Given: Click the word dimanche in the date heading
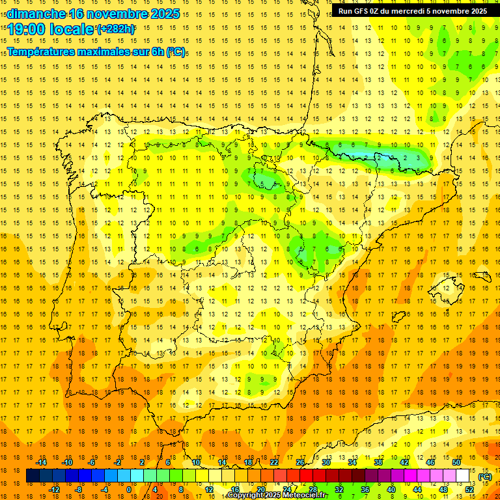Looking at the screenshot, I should pos(36,14).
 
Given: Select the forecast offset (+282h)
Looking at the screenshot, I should pos(117,29).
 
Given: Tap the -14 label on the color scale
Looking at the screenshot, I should pos(42,463).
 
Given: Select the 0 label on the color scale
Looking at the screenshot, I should pos(129,490).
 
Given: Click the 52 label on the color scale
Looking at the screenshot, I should pos(469,490).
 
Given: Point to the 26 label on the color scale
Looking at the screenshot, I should pos(299,463).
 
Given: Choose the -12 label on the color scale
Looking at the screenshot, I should pos(54,490).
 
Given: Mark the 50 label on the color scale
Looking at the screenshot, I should pos(456,463).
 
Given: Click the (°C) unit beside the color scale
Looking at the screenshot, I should pos(484,477).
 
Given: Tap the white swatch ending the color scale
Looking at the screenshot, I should pos(463,477).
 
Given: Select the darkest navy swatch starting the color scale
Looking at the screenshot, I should pos(33,477).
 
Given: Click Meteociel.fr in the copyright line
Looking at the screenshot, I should pos(300,496).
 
